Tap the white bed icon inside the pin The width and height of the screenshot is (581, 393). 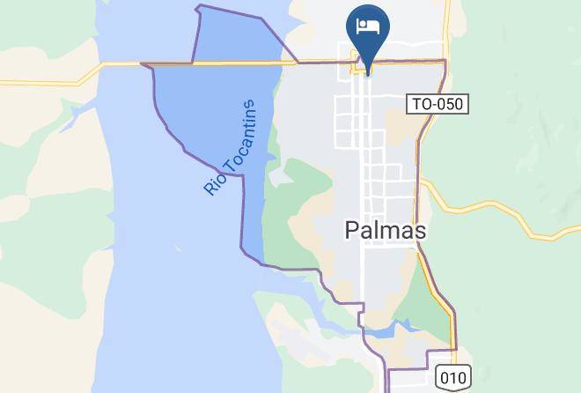366,25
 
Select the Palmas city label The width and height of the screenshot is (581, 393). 384,231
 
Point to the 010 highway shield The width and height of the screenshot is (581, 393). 452,377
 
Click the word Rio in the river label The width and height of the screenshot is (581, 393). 214,182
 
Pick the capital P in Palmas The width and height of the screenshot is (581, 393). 349,231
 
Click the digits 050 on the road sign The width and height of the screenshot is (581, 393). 448,104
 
